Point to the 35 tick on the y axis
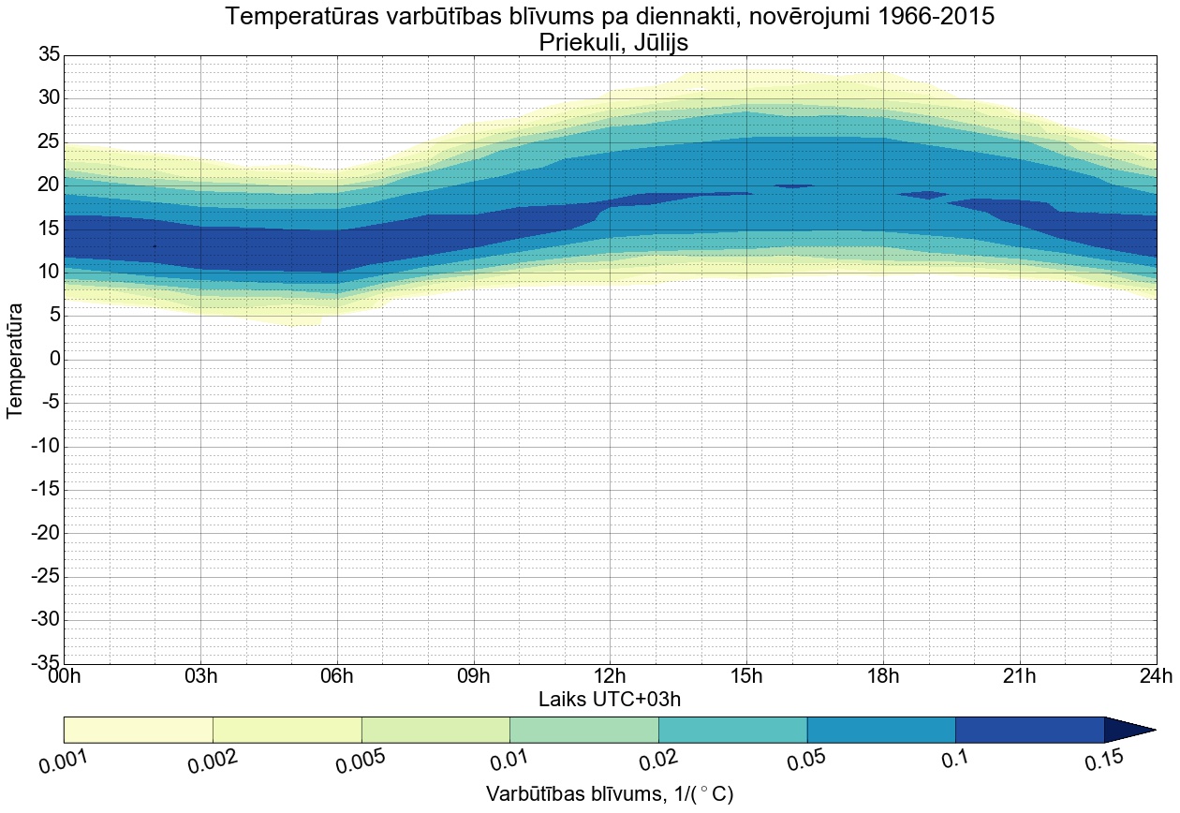49,55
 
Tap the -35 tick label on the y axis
44,664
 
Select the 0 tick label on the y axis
54,360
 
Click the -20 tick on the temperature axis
44,534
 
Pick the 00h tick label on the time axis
64,676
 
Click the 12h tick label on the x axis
610,676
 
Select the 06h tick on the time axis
337,676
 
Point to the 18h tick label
883,676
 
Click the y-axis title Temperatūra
15,360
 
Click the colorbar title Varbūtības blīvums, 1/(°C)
609,794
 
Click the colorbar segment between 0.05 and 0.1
880,730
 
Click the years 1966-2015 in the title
912,16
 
